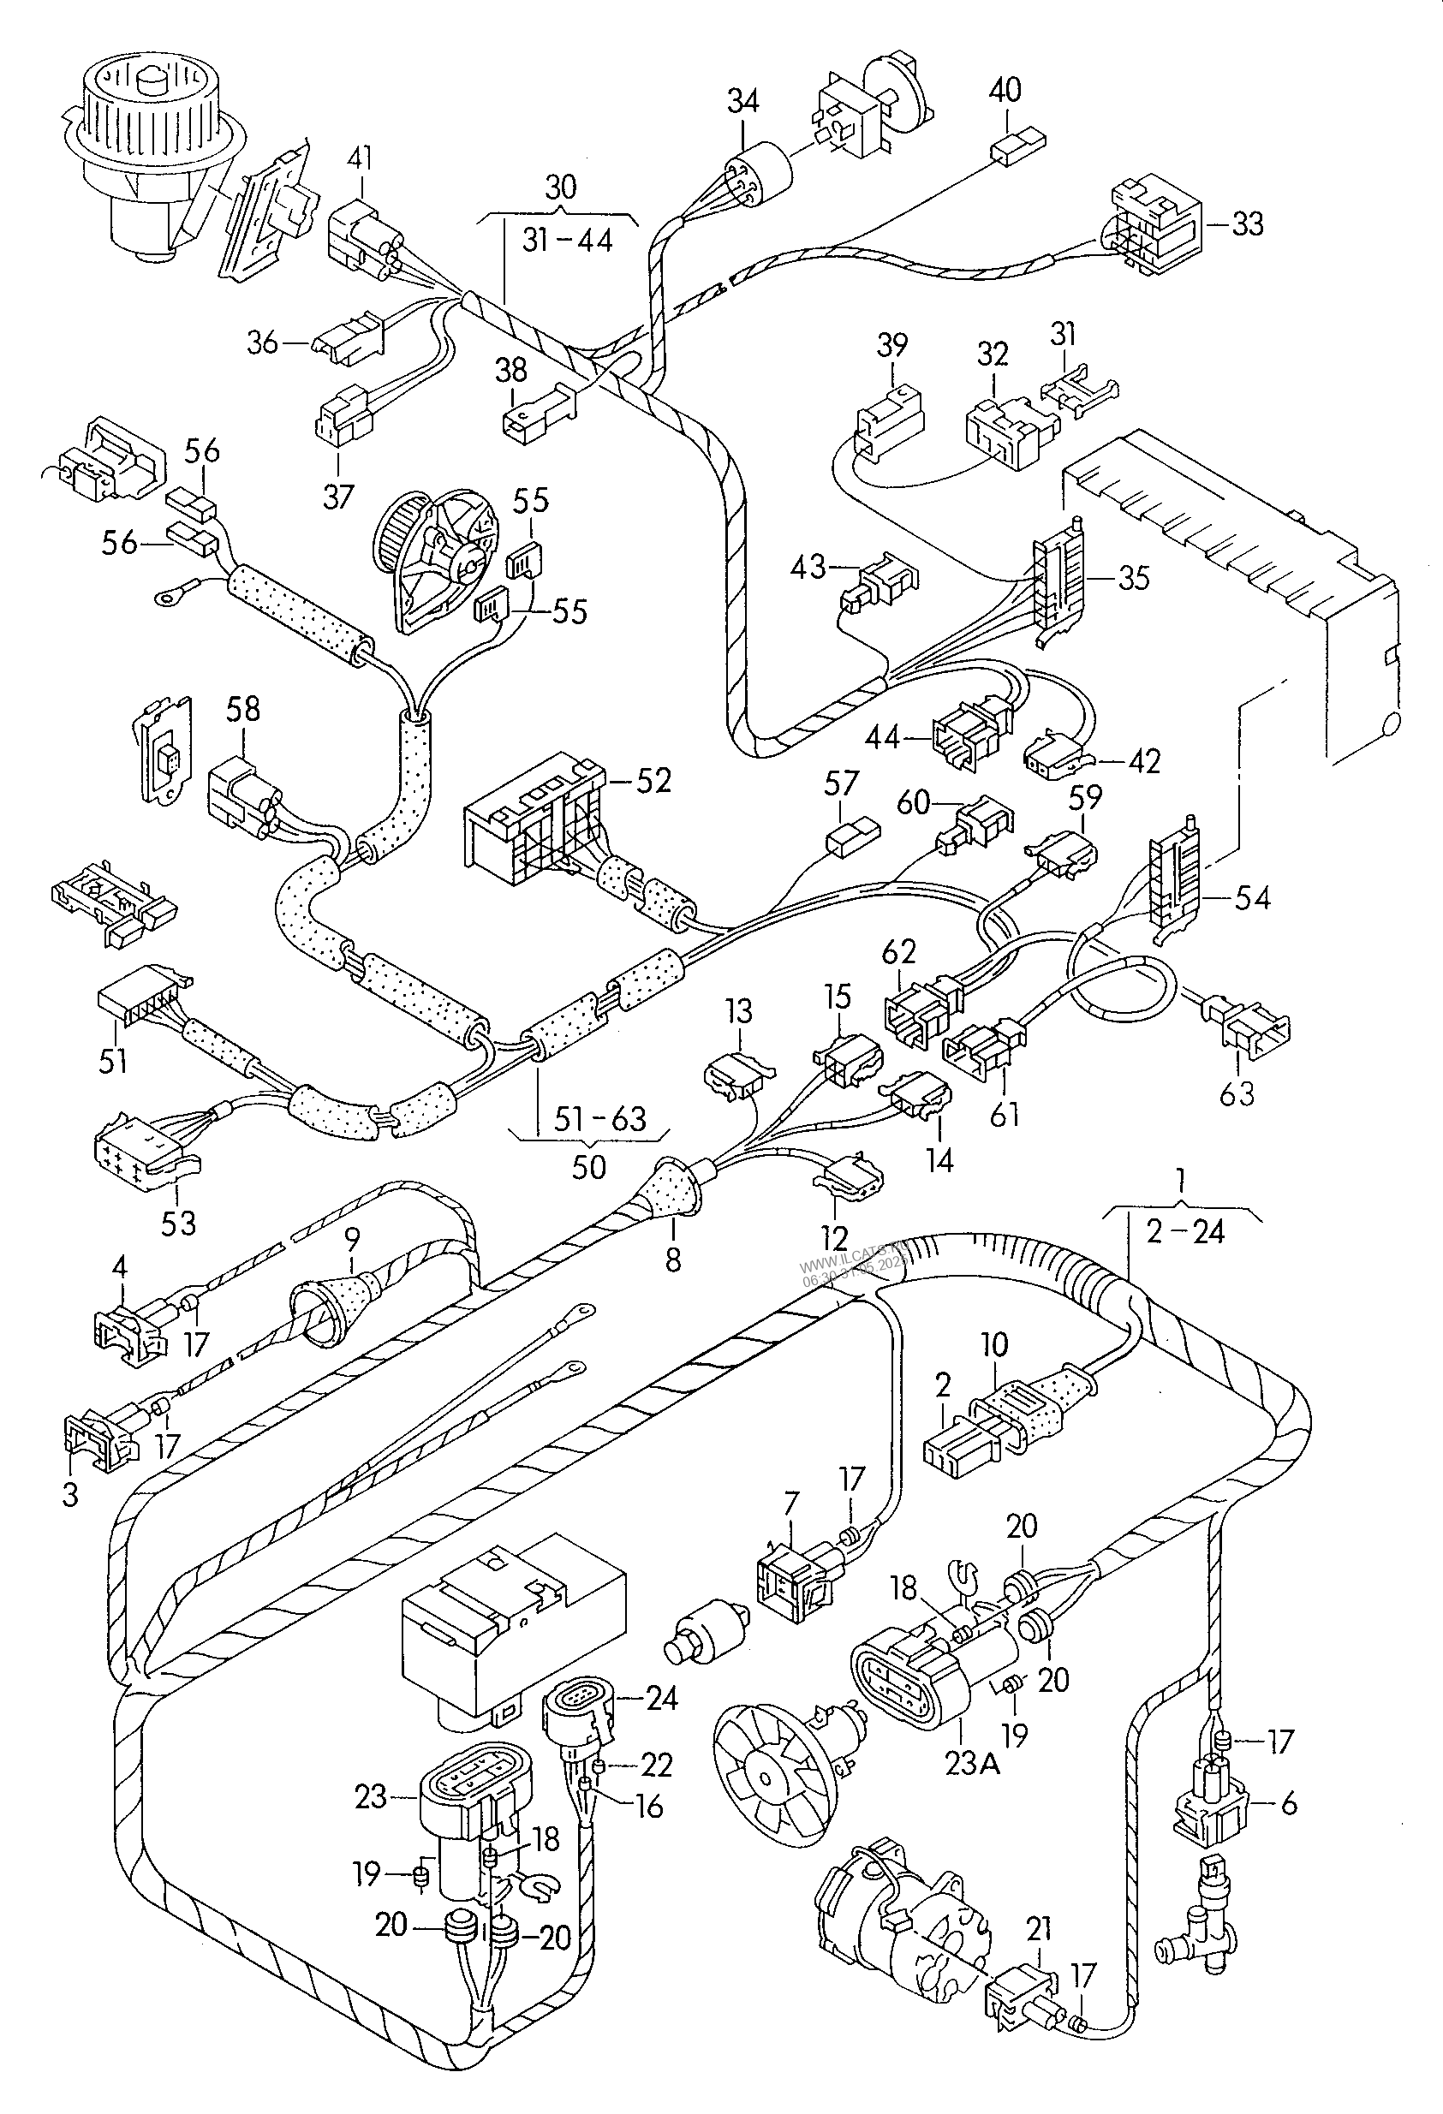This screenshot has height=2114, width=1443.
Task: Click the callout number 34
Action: [742, 101]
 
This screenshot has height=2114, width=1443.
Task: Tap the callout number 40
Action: [1005, 90]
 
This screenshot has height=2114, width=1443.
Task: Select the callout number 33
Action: [1248, 223]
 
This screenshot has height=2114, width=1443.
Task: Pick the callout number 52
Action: [653, 781]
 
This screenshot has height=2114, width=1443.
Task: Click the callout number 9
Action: [352, 1240]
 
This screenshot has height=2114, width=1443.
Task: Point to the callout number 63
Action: [1237, 1093]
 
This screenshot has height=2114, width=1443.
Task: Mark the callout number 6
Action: [1288, 1803]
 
